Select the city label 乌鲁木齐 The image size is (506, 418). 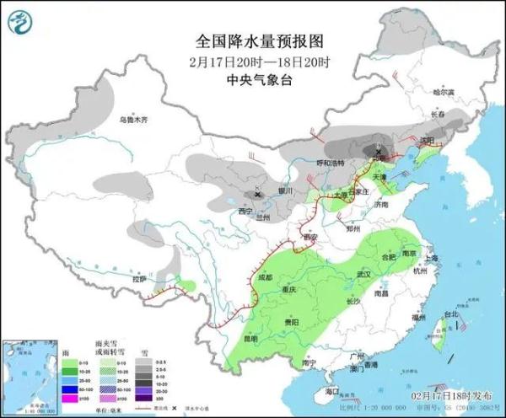click(132, 121)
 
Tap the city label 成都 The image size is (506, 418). click(266, 276)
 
